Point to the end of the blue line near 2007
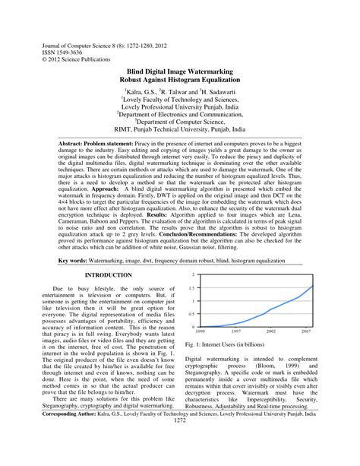(312, 307)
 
